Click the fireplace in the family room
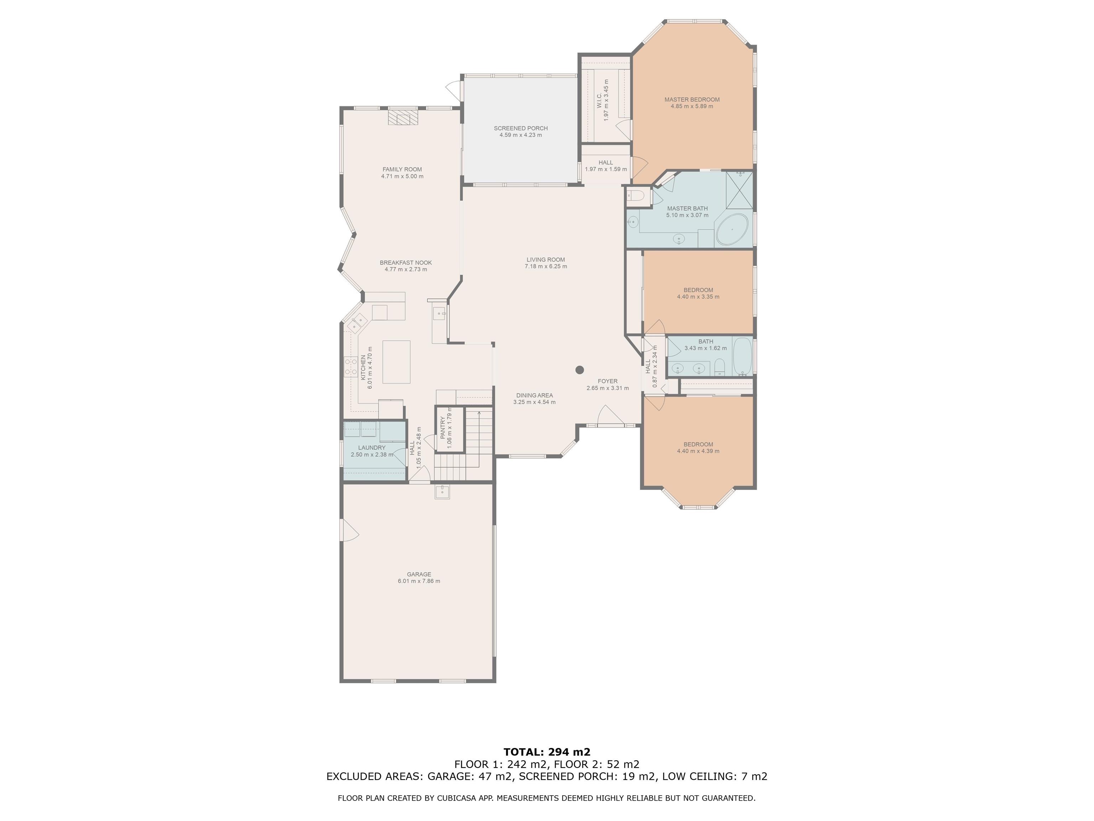coord(402,118)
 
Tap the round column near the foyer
coord(580,370)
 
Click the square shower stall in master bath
coord(739,190)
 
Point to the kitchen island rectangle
coord(396,362)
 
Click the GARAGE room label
coord(418,574)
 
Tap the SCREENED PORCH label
coord(520,128)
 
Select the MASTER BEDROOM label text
coord(692,99)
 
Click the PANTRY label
coord(443,428)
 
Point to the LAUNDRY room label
coord(371,447)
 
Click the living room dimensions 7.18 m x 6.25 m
coord(546,266)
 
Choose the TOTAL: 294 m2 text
coord(547,752)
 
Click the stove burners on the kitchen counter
coord(351,367)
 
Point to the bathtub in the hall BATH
coord(741,356)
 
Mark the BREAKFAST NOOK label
coord(406,263)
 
